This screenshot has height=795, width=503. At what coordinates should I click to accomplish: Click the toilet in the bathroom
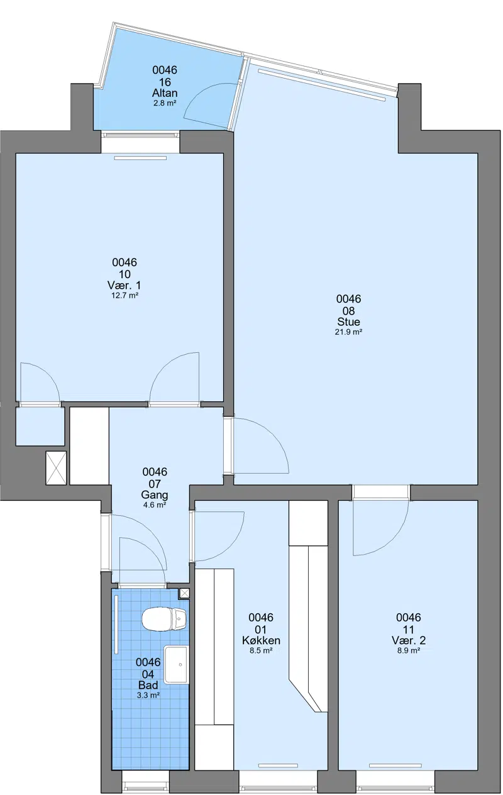pos(164,619)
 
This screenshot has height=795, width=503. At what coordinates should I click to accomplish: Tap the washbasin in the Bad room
pos(175,664)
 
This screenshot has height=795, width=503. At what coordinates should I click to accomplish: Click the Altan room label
pos(165,93)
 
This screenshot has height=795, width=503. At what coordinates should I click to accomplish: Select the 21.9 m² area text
pos(348,332)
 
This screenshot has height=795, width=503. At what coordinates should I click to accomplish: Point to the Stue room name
pos(348,321)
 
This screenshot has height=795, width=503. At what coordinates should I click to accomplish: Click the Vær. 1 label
pos(124,285)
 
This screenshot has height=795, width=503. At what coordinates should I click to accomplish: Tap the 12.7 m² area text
pos(124,295)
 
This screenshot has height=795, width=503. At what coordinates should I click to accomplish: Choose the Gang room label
pos(155,495)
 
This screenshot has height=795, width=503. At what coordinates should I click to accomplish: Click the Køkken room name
pos(261,640)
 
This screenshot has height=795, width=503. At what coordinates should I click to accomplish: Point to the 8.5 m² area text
pos(261,650)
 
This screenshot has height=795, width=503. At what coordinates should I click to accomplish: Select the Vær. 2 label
pos(409,640)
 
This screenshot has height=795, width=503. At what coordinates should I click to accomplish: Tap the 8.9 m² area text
pos(409,650)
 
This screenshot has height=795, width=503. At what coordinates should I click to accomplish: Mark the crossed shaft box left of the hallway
pos(56,468)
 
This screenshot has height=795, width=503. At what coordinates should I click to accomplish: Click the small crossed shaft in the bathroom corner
pos(184,593)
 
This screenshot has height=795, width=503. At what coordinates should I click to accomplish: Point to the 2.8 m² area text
pos(165,103)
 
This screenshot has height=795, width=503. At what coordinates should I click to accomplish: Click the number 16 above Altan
pos(165,82)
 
